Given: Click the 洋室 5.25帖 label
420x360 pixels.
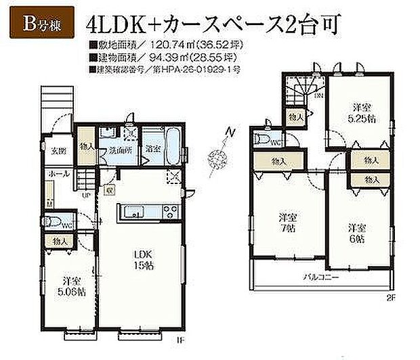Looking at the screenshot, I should click(x=360, y=112).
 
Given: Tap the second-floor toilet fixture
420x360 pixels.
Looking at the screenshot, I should click(x=261, y=139).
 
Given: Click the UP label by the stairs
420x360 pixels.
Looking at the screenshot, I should click(x=85, y=196).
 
